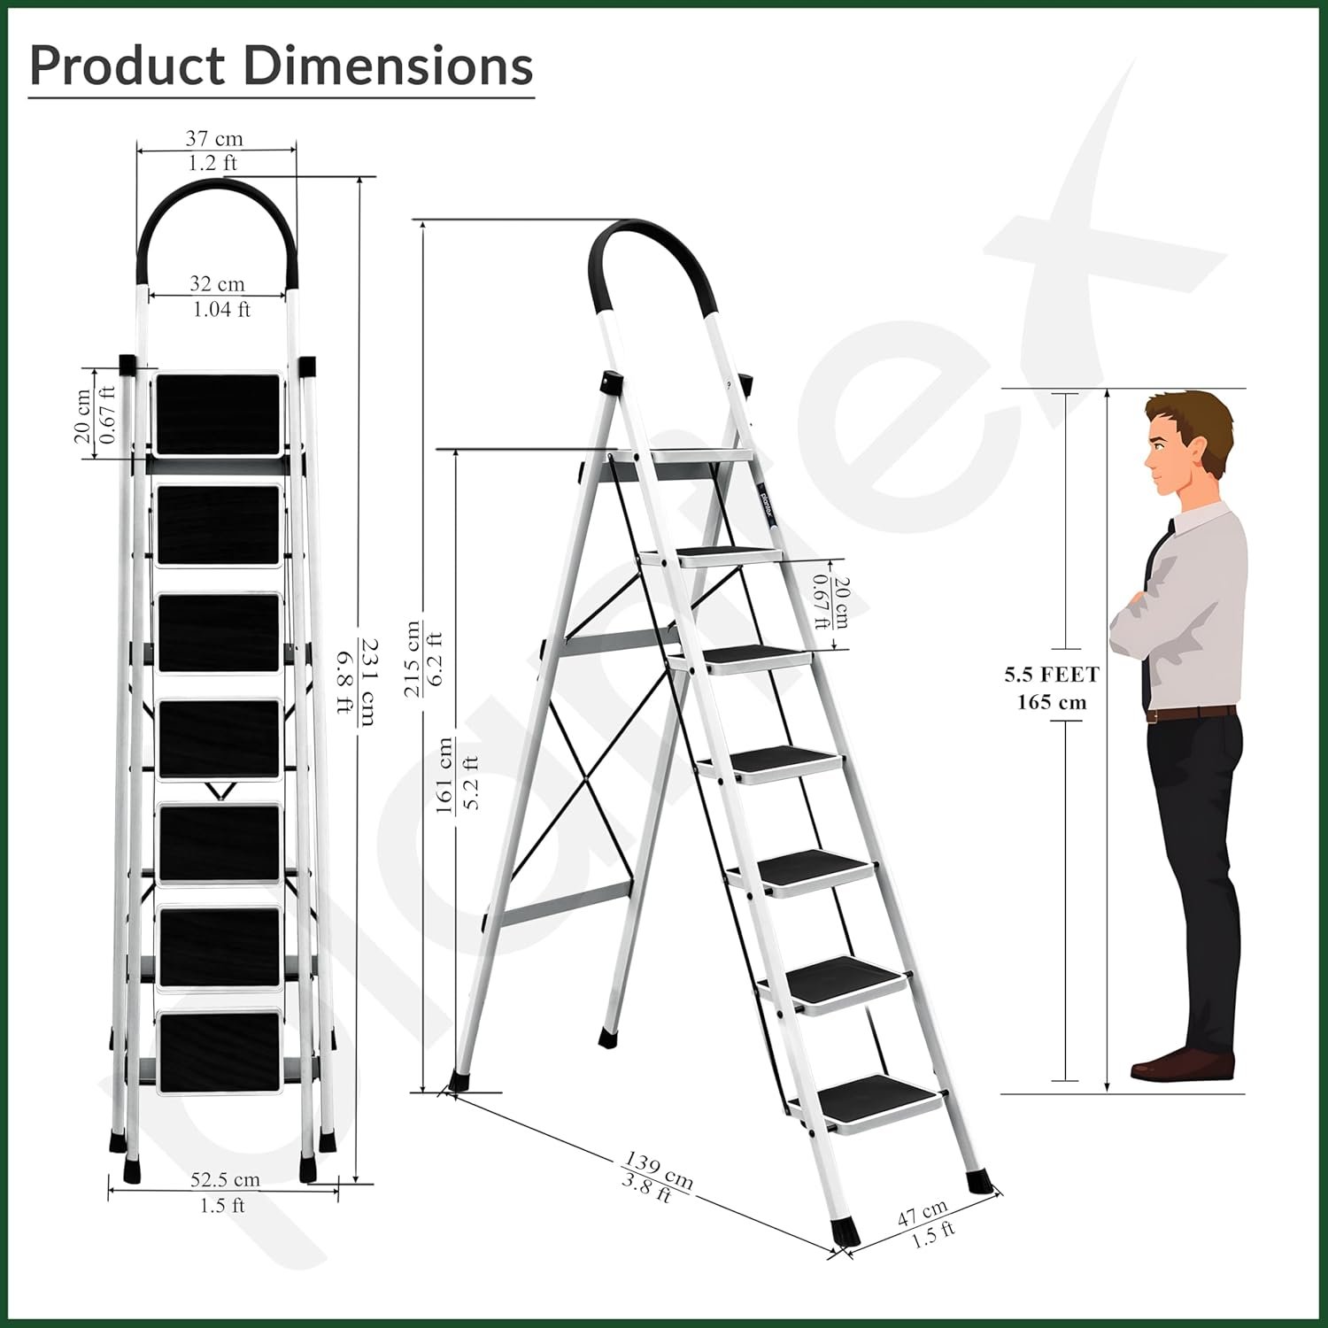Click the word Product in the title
pos(128,66)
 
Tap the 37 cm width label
pos(213,138)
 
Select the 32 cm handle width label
pos(217,283)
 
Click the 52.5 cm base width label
pos(225,1179)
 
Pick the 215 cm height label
pos(413,658)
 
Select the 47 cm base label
pos(923,1212)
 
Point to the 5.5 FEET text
pos(1051,675)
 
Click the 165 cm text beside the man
pos(1051,703)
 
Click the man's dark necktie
pos(1154,611)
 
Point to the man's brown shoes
pos(1182,1062)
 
